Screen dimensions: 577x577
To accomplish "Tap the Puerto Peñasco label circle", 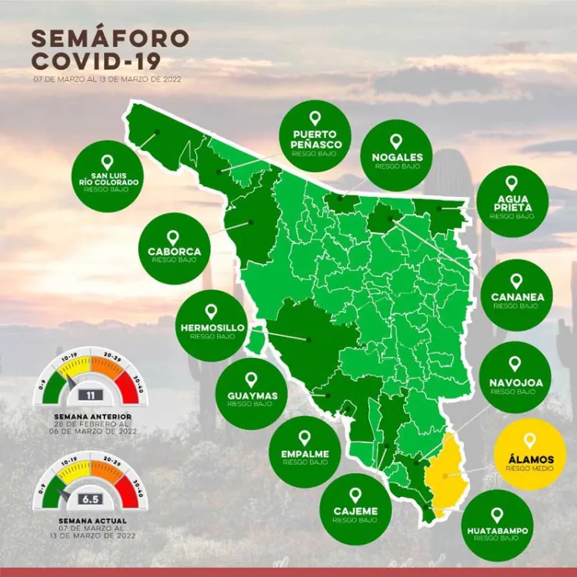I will coord(315,135).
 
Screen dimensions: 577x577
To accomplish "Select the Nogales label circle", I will coord(396,155).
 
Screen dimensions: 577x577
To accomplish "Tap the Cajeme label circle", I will coord(355,509).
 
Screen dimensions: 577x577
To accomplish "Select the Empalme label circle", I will coord(305,452).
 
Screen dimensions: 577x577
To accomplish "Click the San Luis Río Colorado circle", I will coord(106,176).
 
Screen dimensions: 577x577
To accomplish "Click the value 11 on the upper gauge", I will coord(92,395).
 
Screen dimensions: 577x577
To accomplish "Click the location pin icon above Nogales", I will coord(396,142).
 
